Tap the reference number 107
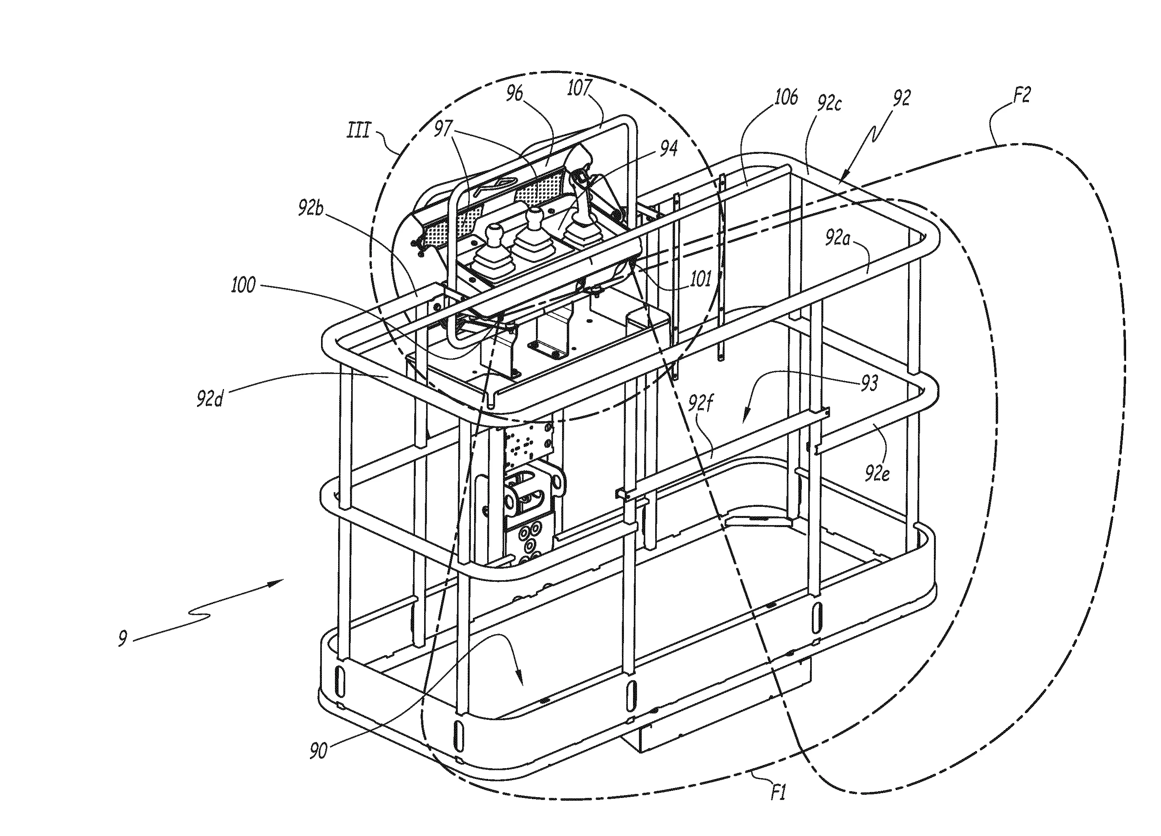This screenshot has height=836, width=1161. coord(580,88)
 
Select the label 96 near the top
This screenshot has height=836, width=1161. coord(515,94)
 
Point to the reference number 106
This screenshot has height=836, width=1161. coord(785,97)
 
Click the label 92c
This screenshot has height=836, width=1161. coord(829,104)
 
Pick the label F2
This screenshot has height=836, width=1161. coord(1021,95)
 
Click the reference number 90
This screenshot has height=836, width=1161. coord(318,752)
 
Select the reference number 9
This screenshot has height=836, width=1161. coord(122,639)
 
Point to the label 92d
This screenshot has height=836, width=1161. coord(210,399)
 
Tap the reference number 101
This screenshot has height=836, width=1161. coord(701,279)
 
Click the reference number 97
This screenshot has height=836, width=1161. coord(443,128)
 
